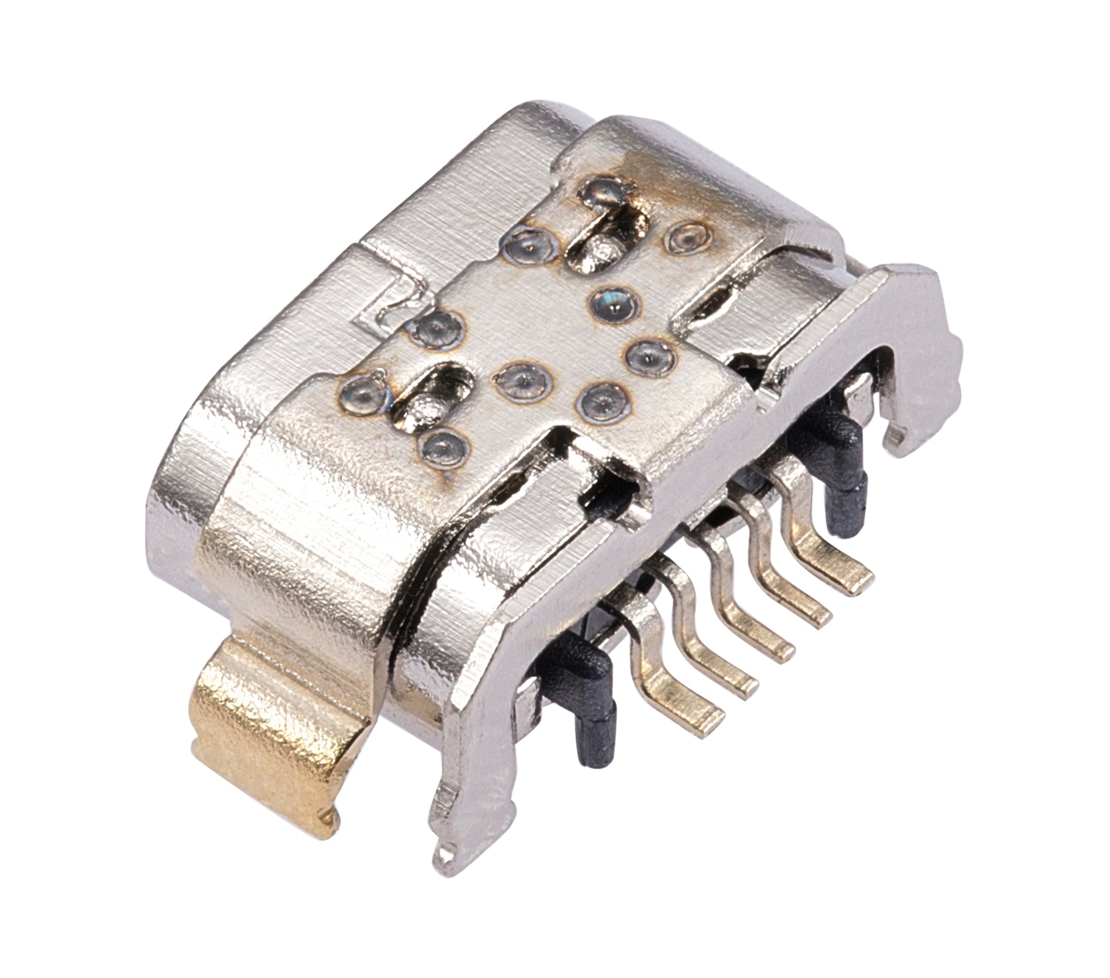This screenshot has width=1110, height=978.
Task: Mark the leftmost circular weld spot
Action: coord(360,392)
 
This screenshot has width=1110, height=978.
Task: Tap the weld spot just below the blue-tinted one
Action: coord(647,355)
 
